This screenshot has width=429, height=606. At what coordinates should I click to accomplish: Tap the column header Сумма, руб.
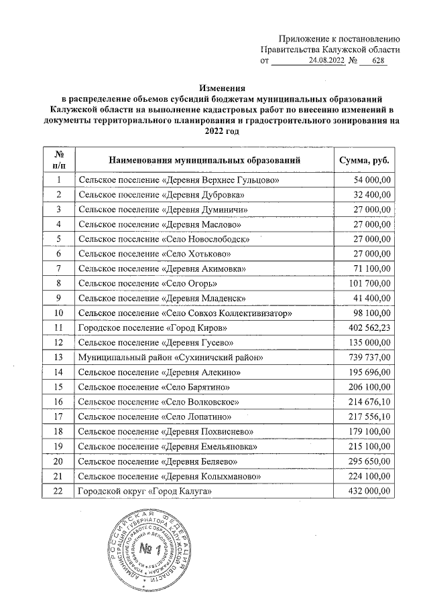pyautogui.click(x=365, y=161)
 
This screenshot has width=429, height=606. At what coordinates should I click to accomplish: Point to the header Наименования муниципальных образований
pyautogui.click(x=205, y=161)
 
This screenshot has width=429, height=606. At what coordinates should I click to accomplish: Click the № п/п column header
pyautogui.click(x=59, y=161)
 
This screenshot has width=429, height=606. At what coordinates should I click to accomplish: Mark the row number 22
pyautogui.click(x=59, y=491)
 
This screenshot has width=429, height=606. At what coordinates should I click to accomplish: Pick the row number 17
pyautogui.click(x=59, y=416)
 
